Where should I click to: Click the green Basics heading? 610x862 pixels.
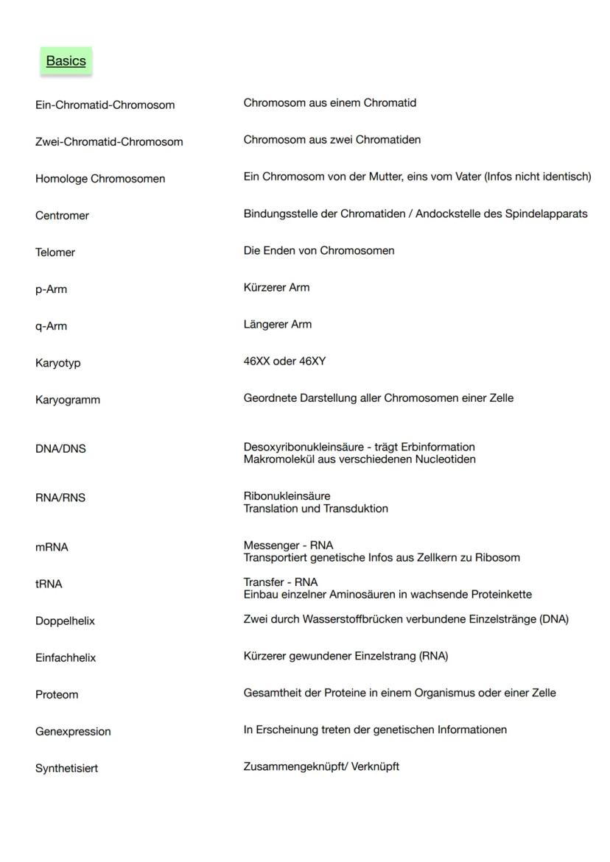(x=66, y=61)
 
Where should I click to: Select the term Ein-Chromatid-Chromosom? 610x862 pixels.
(x=105, y=105)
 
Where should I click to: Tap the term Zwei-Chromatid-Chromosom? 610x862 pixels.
(x=109, y=142)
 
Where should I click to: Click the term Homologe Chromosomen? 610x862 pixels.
(x=100, y=179)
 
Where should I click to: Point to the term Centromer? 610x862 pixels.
(x=62, y=216)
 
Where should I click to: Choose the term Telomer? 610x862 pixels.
(x=55, y=252)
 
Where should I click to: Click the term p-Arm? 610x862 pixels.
(x=51, y=289)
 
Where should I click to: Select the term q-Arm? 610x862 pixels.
(x=51, y=326)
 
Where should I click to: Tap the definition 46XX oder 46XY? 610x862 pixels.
(x=284, y=361)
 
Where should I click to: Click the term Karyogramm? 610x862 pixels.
(x=68, y=400)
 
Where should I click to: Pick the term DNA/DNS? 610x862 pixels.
(x=60, y=449)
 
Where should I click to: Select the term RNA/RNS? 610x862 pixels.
(x=60, y=498)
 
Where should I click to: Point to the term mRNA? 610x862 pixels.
(x=52, y=548)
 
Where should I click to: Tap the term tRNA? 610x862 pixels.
(x=49, y=584)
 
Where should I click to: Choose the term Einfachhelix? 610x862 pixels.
(x=66, y=658)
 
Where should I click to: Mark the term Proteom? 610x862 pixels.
(x=57, y=695)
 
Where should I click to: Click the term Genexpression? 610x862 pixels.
(x=73, y=732)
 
